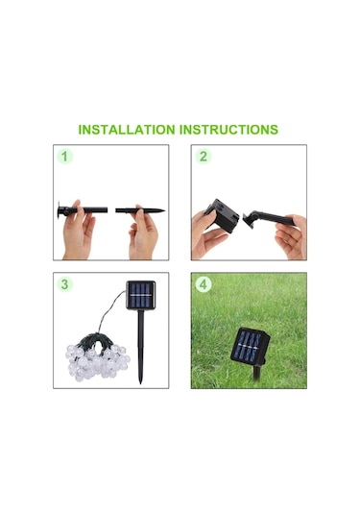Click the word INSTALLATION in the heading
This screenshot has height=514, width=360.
[x=127, y=130]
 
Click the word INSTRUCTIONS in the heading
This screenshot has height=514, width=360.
[x=229, y=130]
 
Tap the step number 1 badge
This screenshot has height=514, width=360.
[x=65, y=157]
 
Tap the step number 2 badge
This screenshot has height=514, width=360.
[x=204, y=157]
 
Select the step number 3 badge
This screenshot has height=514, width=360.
[x=65, y=284]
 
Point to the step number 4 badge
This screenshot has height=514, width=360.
[x=204, y=284]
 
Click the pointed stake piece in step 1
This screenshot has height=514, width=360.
[x=140, y=210]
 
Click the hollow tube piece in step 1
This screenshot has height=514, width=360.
[x=83, y=209]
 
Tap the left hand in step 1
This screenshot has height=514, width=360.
[x=78, y=232]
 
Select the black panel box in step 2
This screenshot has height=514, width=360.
[x=222, y=215]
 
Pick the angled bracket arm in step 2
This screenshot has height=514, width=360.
[x=269, y=219]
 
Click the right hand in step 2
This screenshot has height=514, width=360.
[x=292, y=236]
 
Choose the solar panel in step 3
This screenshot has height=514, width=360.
[x=141, y=295]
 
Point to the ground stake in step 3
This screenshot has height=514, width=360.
[x=141, y=347]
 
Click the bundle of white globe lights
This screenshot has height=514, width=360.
[x=97, y=359]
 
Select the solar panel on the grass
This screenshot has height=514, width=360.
[x=250, y=346]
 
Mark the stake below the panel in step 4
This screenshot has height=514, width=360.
[x=257, y=373]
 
